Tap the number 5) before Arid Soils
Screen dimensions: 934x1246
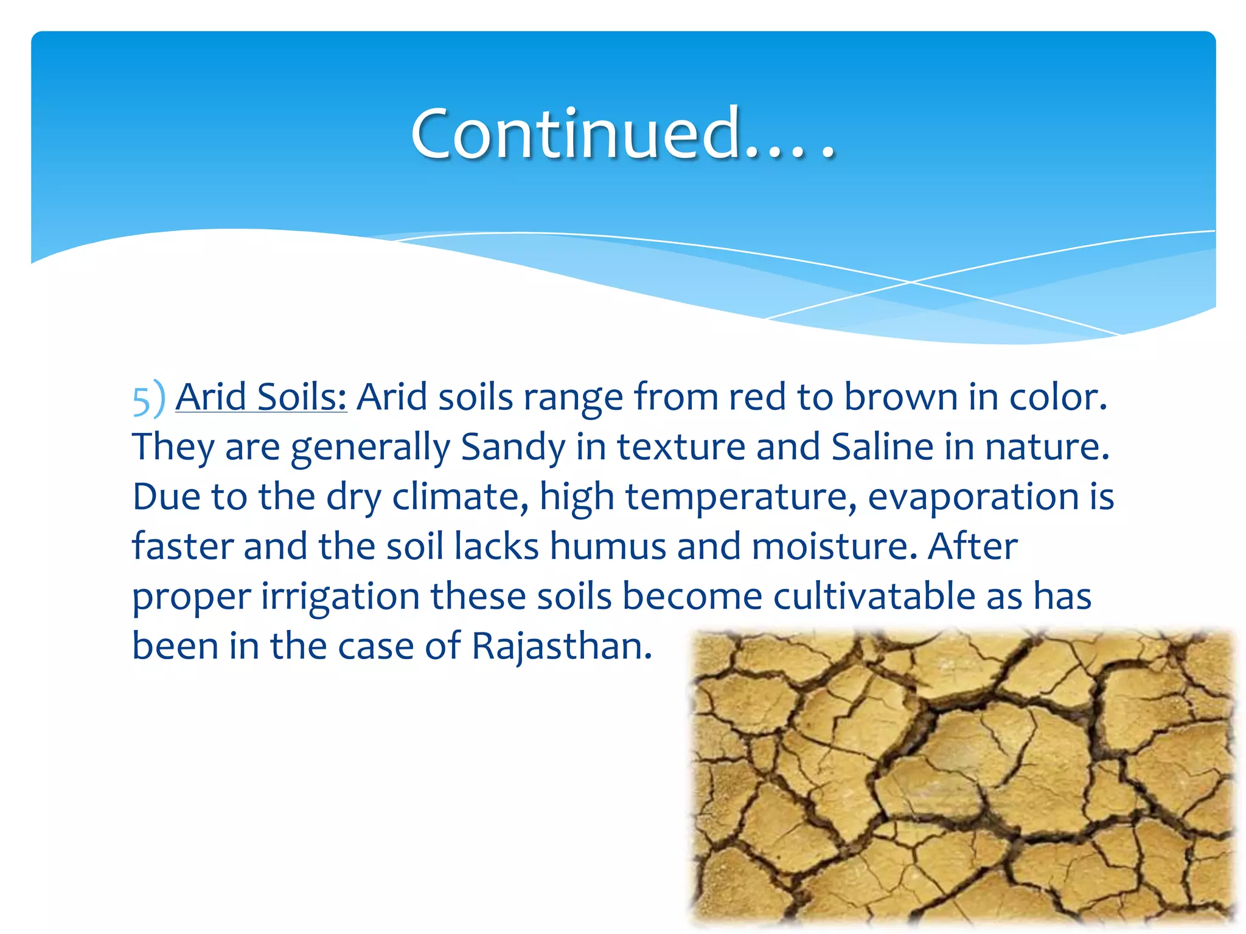click(x=148, y=399)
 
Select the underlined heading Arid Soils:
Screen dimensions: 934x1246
click(x=261, y=398)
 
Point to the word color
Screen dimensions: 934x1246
click(x=1058, y=398)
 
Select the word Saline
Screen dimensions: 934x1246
click(x=882, y=448)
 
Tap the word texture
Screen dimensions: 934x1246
click(x=681, y=448)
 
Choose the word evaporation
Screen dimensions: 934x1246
click(x=973, y=497)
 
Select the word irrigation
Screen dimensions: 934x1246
click(x=340, y=597)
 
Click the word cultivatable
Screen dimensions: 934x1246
click(x=874, y=597)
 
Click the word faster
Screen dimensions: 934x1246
click(x=183, y=547)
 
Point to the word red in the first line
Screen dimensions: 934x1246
click(x=757, y=398)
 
